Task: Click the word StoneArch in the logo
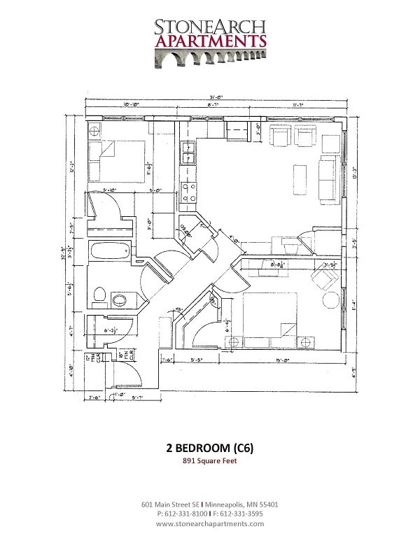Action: (210, 27)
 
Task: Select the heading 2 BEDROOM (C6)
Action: (209, 449)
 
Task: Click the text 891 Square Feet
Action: (209, 461)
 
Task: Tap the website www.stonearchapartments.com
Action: (210, 523)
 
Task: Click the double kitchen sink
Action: (188, 153)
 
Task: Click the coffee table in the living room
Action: (299, 178)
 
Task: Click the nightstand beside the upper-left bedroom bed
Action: (96, 132)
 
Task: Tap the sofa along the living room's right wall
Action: (327, 178)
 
